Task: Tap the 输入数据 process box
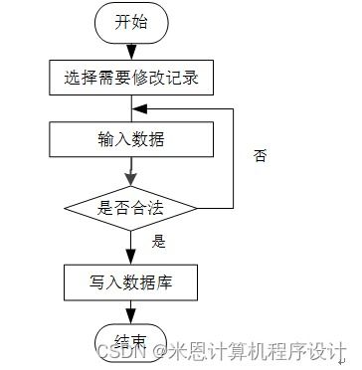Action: pos(130,139)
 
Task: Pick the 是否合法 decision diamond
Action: pos(130,208)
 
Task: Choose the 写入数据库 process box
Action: pos(130,281)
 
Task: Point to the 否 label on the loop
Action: pos(261,156)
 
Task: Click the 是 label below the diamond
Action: pos(158,241)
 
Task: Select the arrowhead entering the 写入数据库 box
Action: pos(130,257)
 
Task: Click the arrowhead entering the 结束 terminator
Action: pos(130,315)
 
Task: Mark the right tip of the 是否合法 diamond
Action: pos(197,208)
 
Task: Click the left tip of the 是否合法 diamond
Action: pos(65,208)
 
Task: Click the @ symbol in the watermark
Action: pos(157,352)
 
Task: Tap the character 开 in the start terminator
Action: pos(122,23)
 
